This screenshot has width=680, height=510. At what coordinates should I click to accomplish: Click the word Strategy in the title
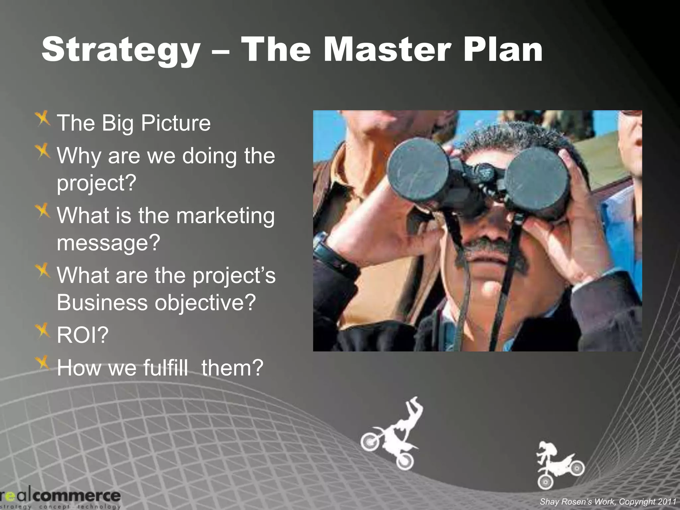pyautogui.click(x=121, y=50)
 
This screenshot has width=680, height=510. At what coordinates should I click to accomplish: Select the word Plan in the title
pyautogui.click(x=503, y=50)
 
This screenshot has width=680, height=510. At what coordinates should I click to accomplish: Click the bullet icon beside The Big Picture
pyautogui.click(x=43, y=119)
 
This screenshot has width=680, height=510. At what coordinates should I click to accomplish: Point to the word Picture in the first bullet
pyautogui.click(x=176, y=123)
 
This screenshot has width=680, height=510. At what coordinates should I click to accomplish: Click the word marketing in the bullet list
pyautogui.click(x=225, y=216)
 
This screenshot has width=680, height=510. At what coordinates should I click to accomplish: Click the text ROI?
pyautogui.click(x=83, y=335)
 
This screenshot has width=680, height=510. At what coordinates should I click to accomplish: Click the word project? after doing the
pyautogui.click(x=97, y=183)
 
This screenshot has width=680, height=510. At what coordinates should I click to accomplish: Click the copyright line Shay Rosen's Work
pyautogui.click(x=608, y=501)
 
